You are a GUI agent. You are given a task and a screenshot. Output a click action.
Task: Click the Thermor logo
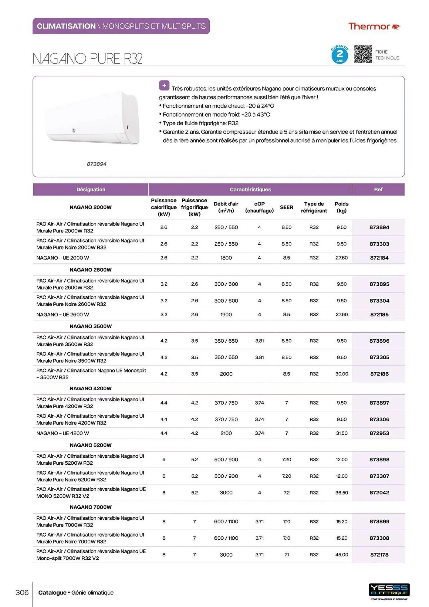click(x=374, y=26)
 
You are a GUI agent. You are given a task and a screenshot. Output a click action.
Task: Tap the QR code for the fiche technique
click(x=363, y=54)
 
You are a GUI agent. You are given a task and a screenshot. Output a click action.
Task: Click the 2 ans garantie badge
click(x=339, y=55)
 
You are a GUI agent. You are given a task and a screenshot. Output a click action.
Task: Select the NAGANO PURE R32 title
click(x=87, y=59)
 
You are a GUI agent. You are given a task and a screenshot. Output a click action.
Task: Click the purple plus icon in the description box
click(x=164, y=86)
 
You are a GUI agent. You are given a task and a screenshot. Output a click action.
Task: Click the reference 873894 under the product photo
click(x=96, y=164)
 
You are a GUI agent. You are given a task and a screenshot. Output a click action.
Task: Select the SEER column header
click(x=286, y=207)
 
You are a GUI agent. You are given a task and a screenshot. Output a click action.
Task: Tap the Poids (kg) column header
click(x=341, y=207)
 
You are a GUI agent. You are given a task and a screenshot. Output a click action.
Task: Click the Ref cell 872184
click(x=379, y=258)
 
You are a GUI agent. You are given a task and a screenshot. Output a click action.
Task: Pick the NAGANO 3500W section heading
click(x=90, y=326)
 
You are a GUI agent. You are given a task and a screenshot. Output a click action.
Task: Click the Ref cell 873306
click(x=379, y=419)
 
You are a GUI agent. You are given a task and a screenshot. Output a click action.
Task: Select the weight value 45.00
click(x=341, y=554)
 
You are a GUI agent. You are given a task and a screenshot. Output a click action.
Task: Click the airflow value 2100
click(x=226, y=433)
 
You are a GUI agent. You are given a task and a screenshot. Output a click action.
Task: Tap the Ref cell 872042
click(x=379, y=493)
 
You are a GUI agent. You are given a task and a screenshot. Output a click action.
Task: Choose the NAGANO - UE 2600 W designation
click(x=63, y=314)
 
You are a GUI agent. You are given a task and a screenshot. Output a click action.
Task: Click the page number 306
click(x=22, y=592)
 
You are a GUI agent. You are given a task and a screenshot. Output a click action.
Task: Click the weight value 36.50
click(x=341, y=493)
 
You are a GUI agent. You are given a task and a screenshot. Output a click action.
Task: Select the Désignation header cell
click(x=91, y=189)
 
